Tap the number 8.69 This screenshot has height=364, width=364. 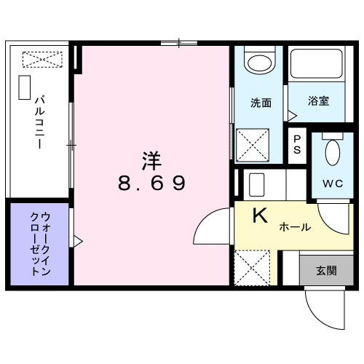(x=151, y=182)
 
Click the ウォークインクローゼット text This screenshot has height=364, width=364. (x=40, y=242)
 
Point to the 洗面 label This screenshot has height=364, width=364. (x=261, y=103)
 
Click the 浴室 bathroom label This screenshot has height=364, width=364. (x=317, y=100)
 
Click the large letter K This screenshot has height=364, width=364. (x=260, y=216)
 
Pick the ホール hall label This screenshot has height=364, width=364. (x=294, y=227)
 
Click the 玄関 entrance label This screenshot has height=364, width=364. (x=325, y=271)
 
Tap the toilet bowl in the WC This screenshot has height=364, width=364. (x=332, y=153)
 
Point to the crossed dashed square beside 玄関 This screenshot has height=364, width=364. (x=253, y=268)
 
